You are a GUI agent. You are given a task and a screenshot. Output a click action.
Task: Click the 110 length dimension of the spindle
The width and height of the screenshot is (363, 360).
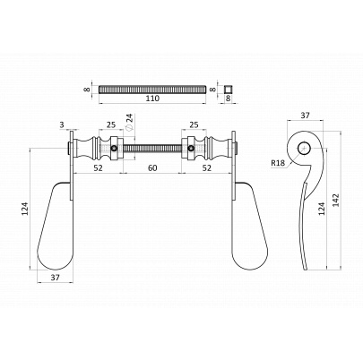click(152, 99)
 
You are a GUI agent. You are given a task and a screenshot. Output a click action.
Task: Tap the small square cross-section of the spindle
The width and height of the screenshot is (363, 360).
click(229, 90)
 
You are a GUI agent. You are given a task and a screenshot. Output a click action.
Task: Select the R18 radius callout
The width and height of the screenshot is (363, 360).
click(278, 163)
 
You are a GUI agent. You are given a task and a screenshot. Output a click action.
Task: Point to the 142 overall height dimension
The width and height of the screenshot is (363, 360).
click(336, 200)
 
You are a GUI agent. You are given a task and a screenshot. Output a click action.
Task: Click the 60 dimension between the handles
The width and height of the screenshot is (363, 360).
click(152, 168)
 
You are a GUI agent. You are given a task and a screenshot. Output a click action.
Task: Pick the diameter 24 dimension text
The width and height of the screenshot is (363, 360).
click(129, 122)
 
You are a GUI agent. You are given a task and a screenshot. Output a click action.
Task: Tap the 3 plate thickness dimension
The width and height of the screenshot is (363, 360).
click(62, 124)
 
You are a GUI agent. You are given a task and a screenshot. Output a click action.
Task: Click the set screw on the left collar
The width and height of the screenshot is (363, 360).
click(114, 149)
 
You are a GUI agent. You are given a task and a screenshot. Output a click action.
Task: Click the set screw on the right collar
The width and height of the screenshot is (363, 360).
click(191, 149)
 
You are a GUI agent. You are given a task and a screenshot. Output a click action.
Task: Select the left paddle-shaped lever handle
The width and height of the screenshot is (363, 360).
click(56, 226)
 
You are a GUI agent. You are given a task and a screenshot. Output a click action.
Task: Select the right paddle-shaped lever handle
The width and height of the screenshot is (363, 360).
click(249, 226)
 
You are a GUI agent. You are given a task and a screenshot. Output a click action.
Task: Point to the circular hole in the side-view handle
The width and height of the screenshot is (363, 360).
click(304, 148)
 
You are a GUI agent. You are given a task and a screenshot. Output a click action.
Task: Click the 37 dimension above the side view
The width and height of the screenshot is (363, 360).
click(305, 116)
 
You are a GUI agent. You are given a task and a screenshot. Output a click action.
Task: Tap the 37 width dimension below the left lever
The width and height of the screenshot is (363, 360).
click(55, 278)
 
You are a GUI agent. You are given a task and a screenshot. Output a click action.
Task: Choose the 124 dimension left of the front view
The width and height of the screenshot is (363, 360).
click(25, 209)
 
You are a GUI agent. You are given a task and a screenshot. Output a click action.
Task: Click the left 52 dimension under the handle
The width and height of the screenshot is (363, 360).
click(98, 168)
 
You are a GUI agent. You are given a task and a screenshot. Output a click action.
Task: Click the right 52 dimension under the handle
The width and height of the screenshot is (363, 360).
click(207, 168)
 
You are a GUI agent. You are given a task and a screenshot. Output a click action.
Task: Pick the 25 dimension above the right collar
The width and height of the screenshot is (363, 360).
click(194, 124)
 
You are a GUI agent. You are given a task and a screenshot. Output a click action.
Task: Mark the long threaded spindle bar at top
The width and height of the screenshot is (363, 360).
click(152, 90)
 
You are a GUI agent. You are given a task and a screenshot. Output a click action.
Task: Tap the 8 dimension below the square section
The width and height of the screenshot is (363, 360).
click(229, 99)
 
